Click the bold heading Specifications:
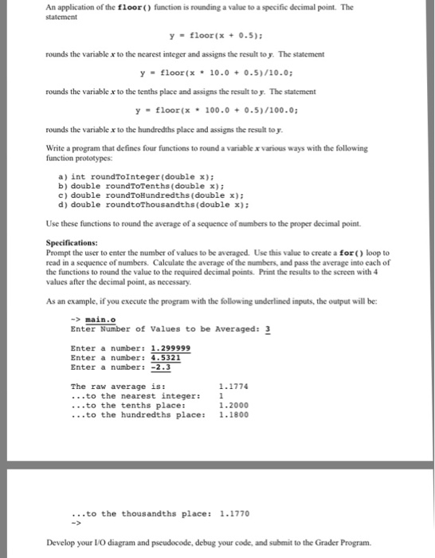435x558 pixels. [72, 242]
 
